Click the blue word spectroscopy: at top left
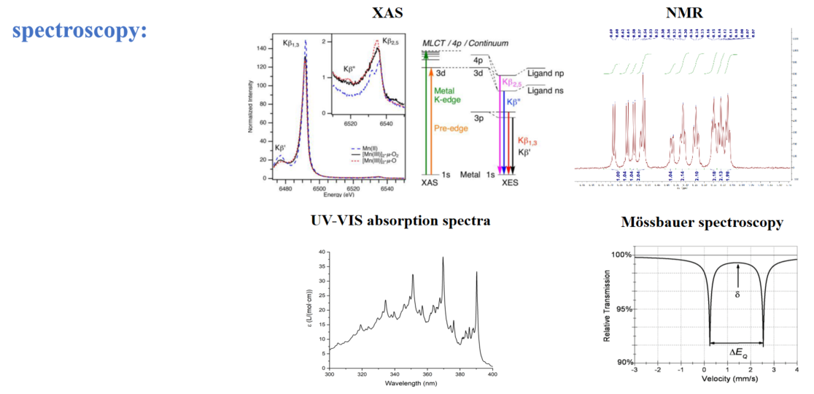pyautogui.click(x=80, y=31)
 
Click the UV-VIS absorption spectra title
pyautogui.click(x=400, y=220)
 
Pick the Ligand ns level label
pyautogui.click(x=545, y=90)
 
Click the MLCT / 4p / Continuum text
pyautogui.click(x=465, y=44)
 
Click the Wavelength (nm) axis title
pyautogui.click(x=411, y=383)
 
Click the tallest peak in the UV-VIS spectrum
pyautogui.click(x=443, y=258)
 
